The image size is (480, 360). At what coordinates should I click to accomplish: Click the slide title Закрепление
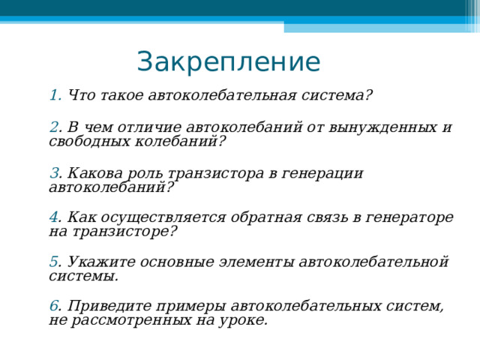coord(228,61)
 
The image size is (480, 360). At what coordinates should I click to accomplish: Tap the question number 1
coord(54,96)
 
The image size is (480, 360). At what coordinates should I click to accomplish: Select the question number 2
coord(53,127)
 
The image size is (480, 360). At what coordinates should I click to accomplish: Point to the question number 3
coord(53,173)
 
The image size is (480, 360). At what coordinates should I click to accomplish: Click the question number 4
coord(53,217)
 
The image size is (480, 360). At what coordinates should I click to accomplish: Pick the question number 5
coord(53,262)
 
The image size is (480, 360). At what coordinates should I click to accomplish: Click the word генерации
coord(328,173)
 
